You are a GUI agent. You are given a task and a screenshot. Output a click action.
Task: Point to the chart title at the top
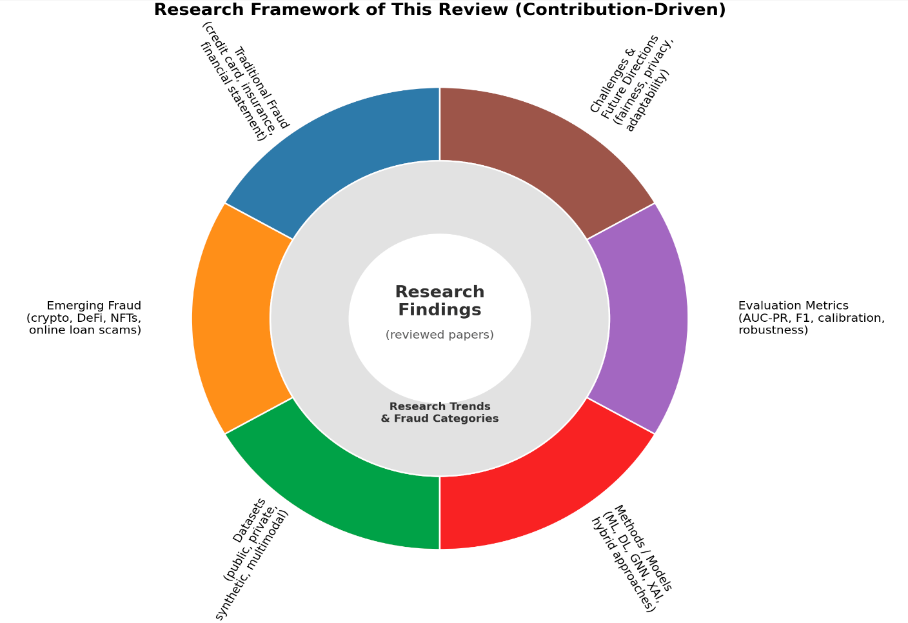point(440,10)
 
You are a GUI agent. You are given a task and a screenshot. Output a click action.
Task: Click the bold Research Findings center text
point(440,301)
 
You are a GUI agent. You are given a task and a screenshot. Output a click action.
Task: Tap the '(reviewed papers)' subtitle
point(440,335)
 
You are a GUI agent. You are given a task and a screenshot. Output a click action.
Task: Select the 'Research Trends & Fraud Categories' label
point(440,412)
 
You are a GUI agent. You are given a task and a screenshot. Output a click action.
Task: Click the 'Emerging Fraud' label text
point(94,306)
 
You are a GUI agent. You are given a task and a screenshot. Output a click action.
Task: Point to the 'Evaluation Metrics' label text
point(793,306)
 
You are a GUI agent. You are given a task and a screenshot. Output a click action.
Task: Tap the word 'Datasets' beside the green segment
point(250,521)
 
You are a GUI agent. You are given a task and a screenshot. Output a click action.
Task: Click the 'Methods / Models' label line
point(644,548)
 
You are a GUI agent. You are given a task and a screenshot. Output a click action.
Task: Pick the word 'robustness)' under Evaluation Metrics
point(773,330)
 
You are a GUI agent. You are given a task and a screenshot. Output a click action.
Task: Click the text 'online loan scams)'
point(85,330)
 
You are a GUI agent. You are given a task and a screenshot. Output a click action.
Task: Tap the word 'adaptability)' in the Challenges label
point(647,101)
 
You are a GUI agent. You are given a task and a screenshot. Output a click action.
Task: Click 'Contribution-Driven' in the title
point(620,10)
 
